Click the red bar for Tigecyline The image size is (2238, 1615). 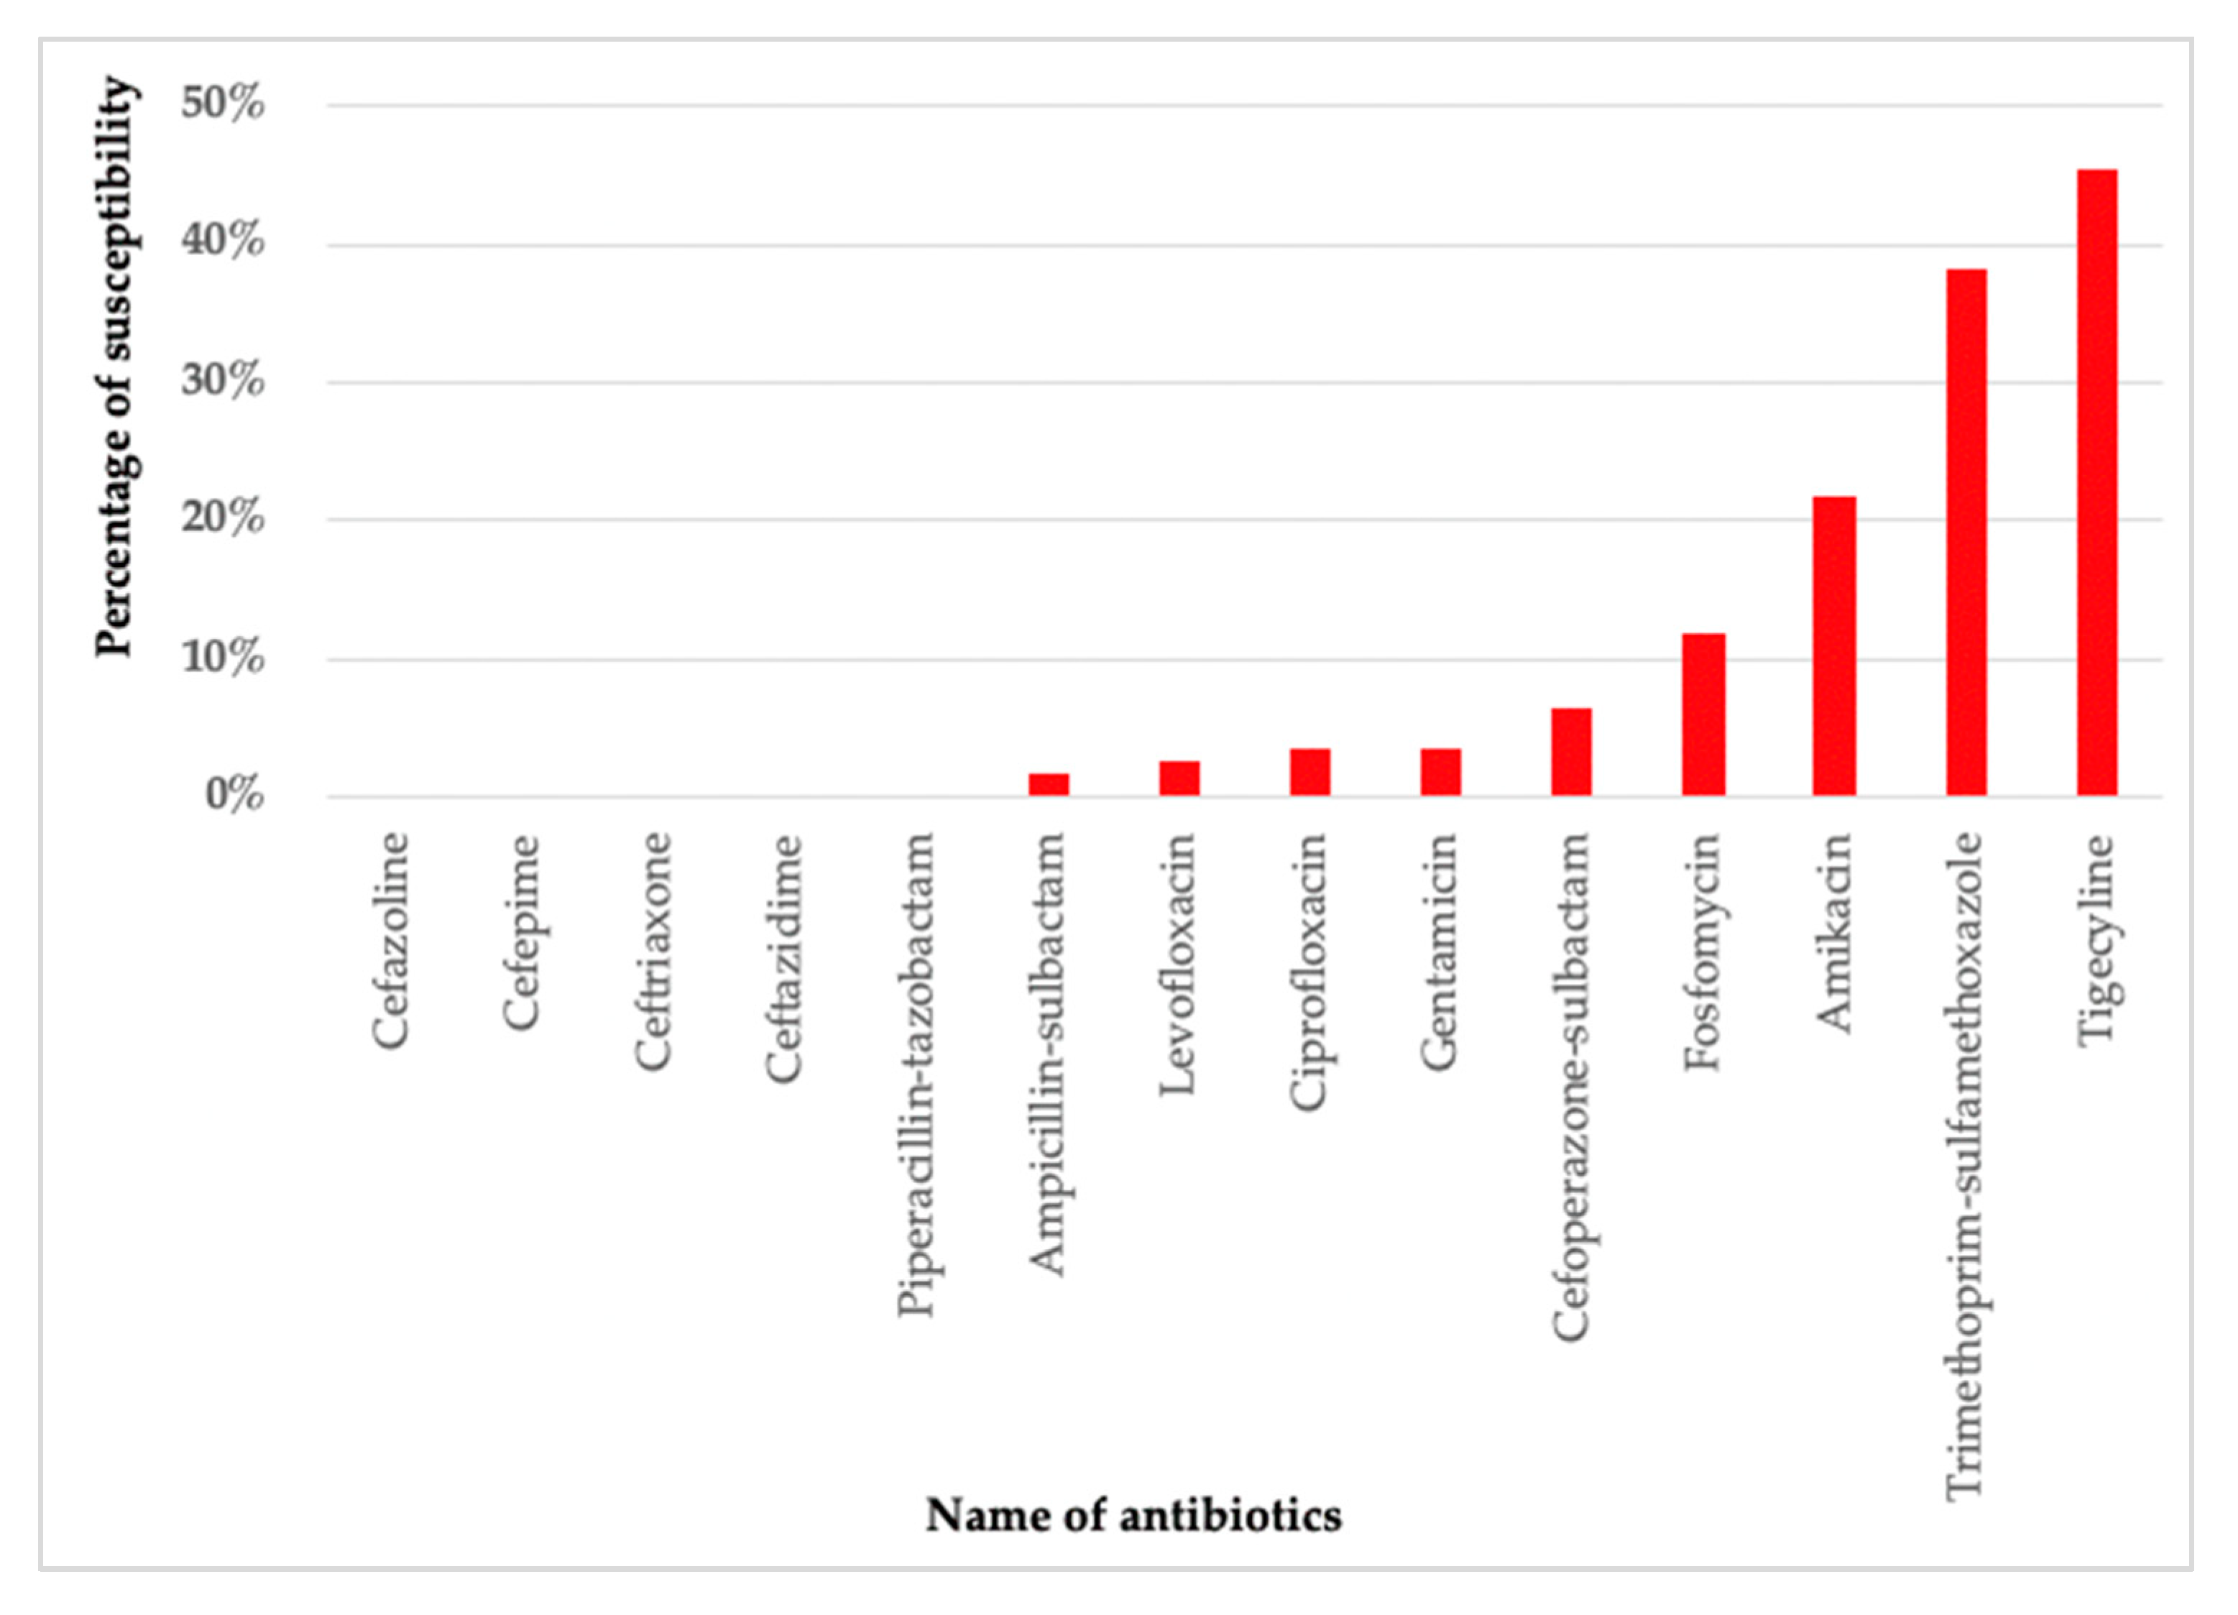click(2097, 484)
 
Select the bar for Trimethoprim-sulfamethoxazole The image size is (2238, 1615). click(1966, 533)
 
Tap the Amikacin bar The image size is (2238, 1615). click(1834, 646)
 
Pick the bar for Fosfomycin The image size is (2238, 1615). click(1704, 715)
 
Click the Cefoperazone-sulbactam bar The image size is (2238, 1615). click(1571, 752)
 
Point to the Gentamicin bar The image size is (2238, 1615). click(1441, 773)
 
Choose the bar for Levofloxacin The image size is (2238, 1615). click(1179, 778)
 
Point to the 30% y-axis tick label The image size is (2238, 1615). click(223, 381)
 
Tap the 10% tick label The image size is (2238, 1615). click(223, 658)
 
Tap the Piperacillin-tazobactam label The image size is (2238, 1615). click(916, 1075)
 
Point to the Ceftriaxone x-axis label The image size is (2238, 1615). click(653, 952)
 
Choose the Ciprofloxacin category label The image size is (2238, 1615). click(1309, 972)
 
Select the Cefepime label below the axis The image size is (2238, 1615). click(522, 932)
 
